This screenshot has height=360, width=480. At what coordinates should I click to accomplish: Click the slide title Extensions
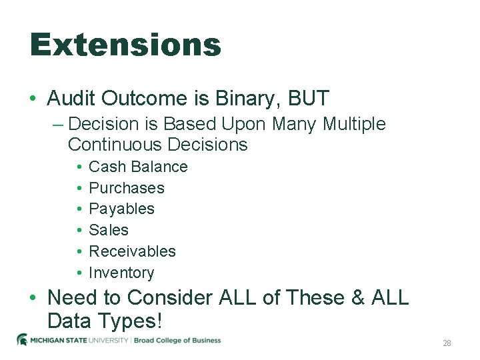click(x=125, y=45)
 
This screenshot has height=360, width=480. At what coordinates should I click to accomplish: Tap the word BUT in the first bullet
click(x=309, y=99)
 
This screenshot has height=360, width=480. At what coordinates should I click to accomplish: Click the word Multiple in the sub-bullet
click(x=353, y=124)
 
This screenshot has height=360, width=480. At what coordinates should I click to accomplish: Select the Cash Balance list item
click(x=138, y=167)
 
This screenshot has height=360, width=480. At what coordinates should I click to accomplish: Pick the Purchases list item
click(x=126, y=188)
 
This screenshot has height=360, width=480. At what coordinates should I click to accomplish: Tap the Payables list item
click(x=121, y=209)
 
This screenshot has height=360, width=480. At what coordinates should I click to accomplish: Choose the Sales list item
click(x=109, y=230)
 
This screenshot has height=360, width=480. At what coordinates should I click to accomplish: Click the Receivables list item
click(x=132, y=251)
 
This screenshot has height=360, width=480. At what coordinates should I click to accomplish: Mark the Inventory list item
click(x=121, y=273)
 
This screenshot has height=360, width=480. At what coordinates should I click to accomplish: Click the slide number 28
click(x=447, y=343)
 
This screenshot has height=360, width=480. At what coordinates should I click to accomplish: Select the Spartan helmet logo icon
click(x=22, y=340)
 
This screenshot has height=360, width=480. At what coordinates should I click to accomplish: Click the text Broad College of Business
click(x=178, y=341)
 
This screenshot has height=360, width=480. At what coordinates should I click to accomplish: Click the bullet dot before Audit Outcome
click(x=33, y=99)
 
